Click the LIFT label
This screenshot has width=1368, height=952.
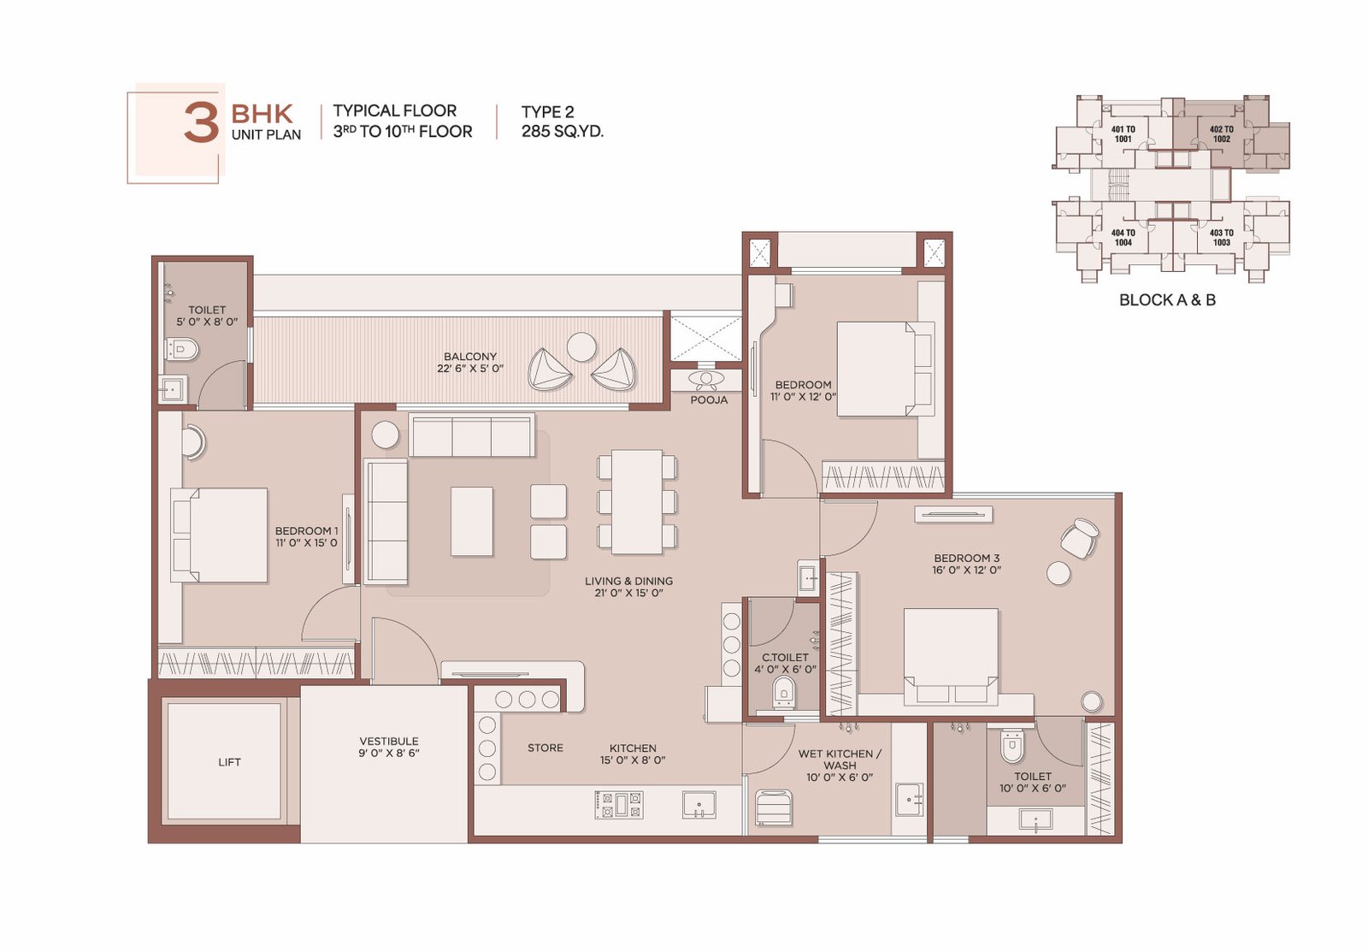click(229, 762)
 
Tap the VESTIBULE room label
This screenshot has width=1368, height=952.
click(389, 742)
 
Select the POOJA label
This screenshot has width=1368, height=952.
click(709, 400)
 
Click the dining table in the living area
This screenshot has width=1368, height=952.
click(637, 502)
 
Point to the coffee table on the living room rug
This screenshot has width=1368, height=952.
click(472, 521)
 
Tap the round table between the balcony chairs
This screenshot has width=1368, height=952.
click(581, 346)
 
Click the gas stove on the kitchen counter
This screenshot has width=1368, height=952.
click(619, 804)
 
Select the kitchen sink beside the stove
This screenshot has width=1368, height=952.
click(699, 804)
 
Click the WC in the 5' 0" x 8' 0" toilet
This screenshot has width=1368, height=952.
click(181, 350)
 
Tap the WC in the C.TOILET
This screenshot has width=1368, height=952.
click(783, 692)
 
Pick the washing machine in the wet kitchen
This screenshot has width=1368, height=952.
click(774, 807)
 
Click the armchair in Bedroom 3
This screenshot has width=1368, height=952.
click(1080, 538)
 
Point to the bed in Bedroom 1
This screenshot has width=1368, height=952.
click(219, 535)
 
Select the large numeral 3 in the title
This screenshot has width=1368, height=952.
click(202, 123)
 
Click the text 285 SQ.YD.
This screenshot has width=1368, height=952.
click(563, 132)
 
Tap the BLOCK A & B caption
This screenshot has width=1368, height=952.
click(1167, 300)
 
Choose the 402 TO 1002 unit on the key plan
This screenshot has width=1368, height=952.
click(1222, 133)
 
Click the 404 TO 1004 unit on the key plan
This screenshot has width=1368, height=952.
click(1123, 237)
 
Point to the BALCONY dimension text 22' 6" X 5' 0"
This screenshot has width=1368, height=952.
click(470, 369)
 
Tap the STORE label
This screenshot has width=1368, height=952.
click(545, 748)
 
